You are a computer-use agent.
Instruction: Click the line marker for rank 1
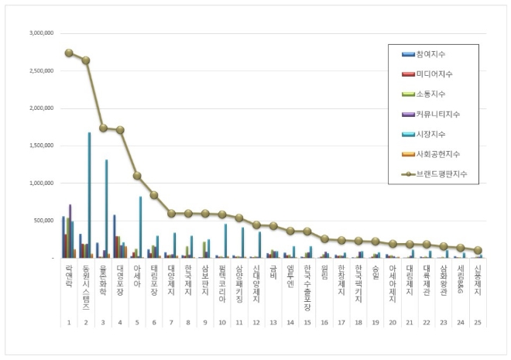coord(69,53)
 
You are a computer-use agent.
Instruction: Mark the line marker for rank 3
coord(103,128)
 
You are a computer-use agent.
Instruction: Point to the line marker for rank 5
coord(137,176)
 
